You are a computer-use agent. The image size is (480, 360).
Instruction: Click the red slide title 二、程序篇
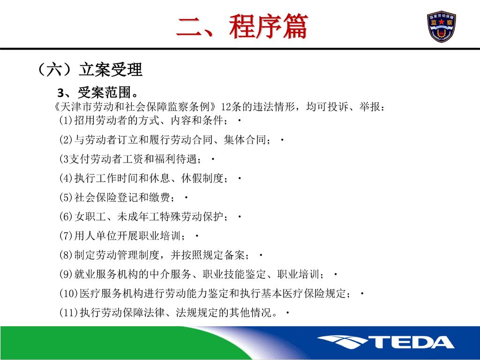click(x=242, y=27)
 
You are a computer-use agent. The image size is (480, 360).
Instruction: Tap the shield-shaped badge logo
click(x=442, y=27)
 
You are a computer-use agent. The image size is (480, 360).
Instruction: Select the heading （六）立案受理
click(x=89, y=69)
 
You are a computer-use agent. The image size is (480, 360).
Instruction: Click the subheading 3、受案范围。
click(x=98, y=92)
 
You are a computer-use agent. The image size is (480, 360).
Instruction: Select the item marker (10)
click(x=68, y=293)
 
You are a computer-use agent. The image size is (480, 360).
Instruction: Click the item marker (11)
click(x=68, y=313)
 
